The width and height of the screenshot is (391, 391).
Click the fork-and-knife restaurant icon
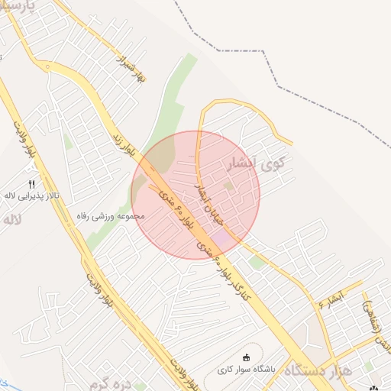coord(32,184)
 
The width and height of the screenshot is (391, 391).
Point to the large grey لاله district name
coord(11,220)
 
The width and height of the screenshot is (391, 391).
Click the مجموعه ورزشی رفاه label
coord(111,216)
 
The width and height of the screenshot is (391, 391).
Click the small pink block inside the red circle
coord(220,239)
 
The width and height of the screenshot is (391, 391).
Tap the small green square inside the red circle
coord(228,186)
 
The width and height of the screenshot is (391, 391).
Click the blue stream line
coord(3,381)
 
